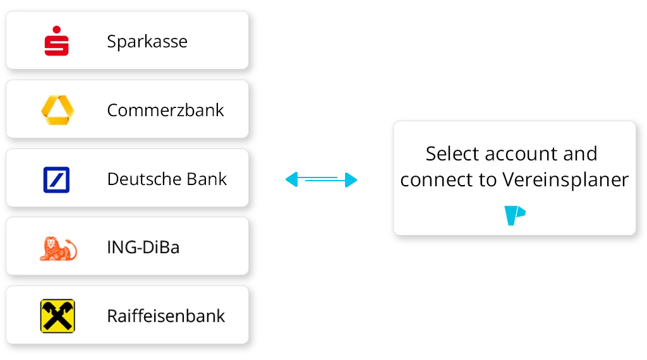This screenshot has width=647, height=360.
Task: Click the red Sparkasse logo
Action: (56, 41)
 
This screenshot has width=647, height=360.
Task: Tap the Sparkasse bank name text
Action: (147, 42)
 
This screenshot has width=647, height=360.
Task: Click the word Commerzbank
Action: (166, 110)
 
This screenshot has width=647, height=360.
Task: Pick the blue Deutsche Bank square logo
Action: (56, 179)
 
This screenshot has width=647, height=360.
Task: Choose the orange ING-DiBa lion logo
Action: (57, 248)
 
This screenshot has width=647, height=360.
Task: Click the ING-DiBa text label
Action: (143, 247)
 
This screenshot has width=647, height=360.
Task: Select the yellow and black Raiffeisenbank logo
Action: (57, 316)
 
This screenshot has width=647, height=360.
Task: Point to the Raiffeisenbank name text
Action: (166, 316)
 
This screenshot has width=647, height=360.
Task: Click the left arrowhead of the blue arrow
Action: (290, 181)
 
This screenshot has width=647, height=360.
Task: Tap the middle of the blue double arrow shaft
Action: (321, 181)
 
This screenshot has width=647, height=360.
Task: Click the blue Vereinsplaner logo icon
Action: (515, 215)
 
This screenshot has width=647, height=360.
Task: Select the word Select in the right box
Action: (452, 153)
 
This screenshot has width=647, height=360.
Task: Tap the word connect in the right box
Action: (439, 180)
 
